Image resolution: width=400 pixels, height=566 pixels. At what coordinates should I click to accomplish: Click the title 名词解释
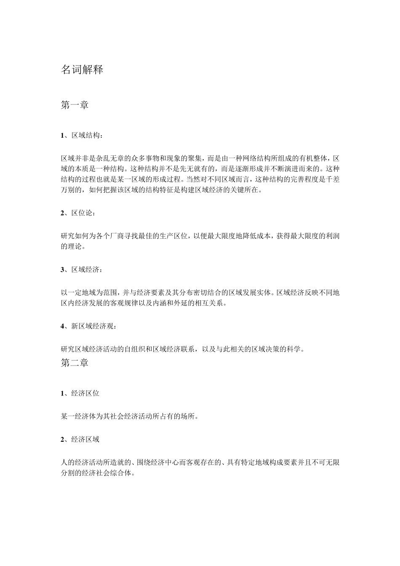pyautogui.click(x=82, y=70)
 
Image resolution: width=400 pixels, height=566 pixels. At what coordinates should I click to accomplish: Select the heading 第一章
pyautogui.click(x=75, y=105)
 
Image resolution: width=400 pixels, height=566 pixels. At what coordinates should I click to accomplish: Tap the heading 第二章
pyautogui.click(x=75, y=363)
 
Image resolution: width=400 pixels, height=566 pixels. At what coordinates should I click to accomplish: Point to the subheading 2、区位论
pyautogui.click(x=78, y=213)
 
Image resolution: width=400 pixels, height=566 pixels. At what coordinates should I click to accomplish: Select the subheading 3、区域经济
pyautogui.click(x=81, y=270)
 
